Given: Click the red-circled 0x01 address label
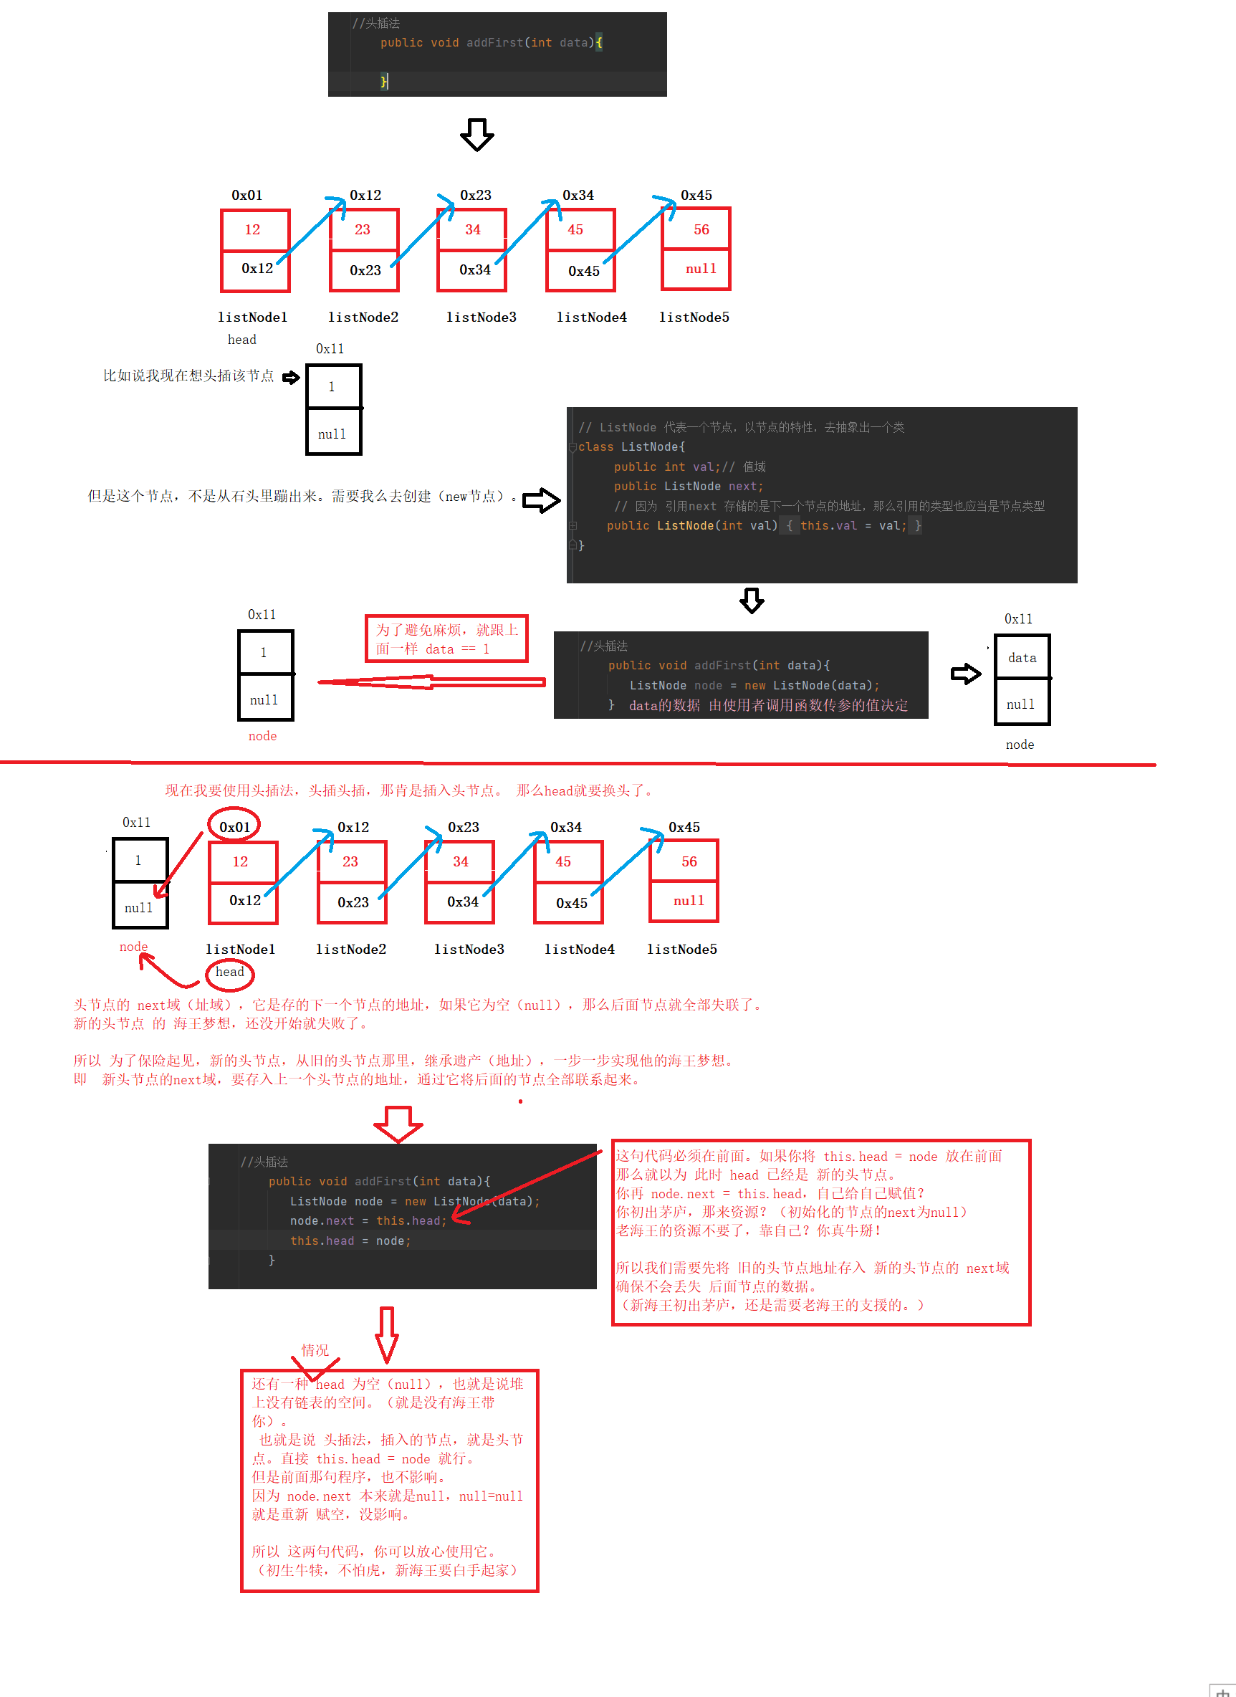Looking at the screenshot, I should click(234, 827).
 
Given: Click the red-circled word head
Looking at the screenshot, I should click(230, 972).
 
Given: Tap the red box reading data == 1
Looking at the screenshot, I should click(446, 639).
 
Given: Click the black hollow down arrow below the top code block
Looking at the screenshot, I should click(476, 135).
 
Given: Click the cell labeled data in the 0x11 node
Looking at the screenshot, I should click(1022, 658).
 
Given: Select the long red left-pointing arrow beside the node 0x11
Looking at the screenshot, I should click(431, 682).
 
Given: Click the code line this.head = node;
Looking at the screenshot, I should click(350, 1241).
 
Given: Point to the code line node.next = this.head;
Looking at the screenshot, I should click(368, 1220).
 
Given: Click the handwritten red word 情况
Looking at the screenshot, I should click(315, 1350).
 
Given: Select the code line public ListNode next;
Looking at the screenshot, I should click(689, 487).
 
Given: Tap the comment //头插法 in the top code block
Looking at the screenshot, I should click(376, 23).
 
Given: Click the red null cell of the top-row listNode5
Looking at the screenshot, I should click(700, 269).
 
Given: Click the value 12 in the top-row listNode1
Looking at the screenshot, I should click(253, 230).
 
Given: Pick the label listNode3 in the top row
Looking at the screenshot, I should click(481, 317).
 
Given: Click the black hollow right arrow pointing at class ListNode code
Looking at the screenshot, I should click(541, 499).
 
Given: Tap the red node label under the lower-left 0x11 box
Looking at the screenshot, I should click(134, 947).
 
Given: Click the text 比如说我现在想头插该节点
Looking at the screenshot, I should click(188, 376).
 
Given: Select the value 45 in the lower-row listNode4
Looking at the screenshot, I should click(562, 862).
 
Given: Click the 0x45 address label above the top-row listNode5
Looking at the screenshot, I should click(696, 196).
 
